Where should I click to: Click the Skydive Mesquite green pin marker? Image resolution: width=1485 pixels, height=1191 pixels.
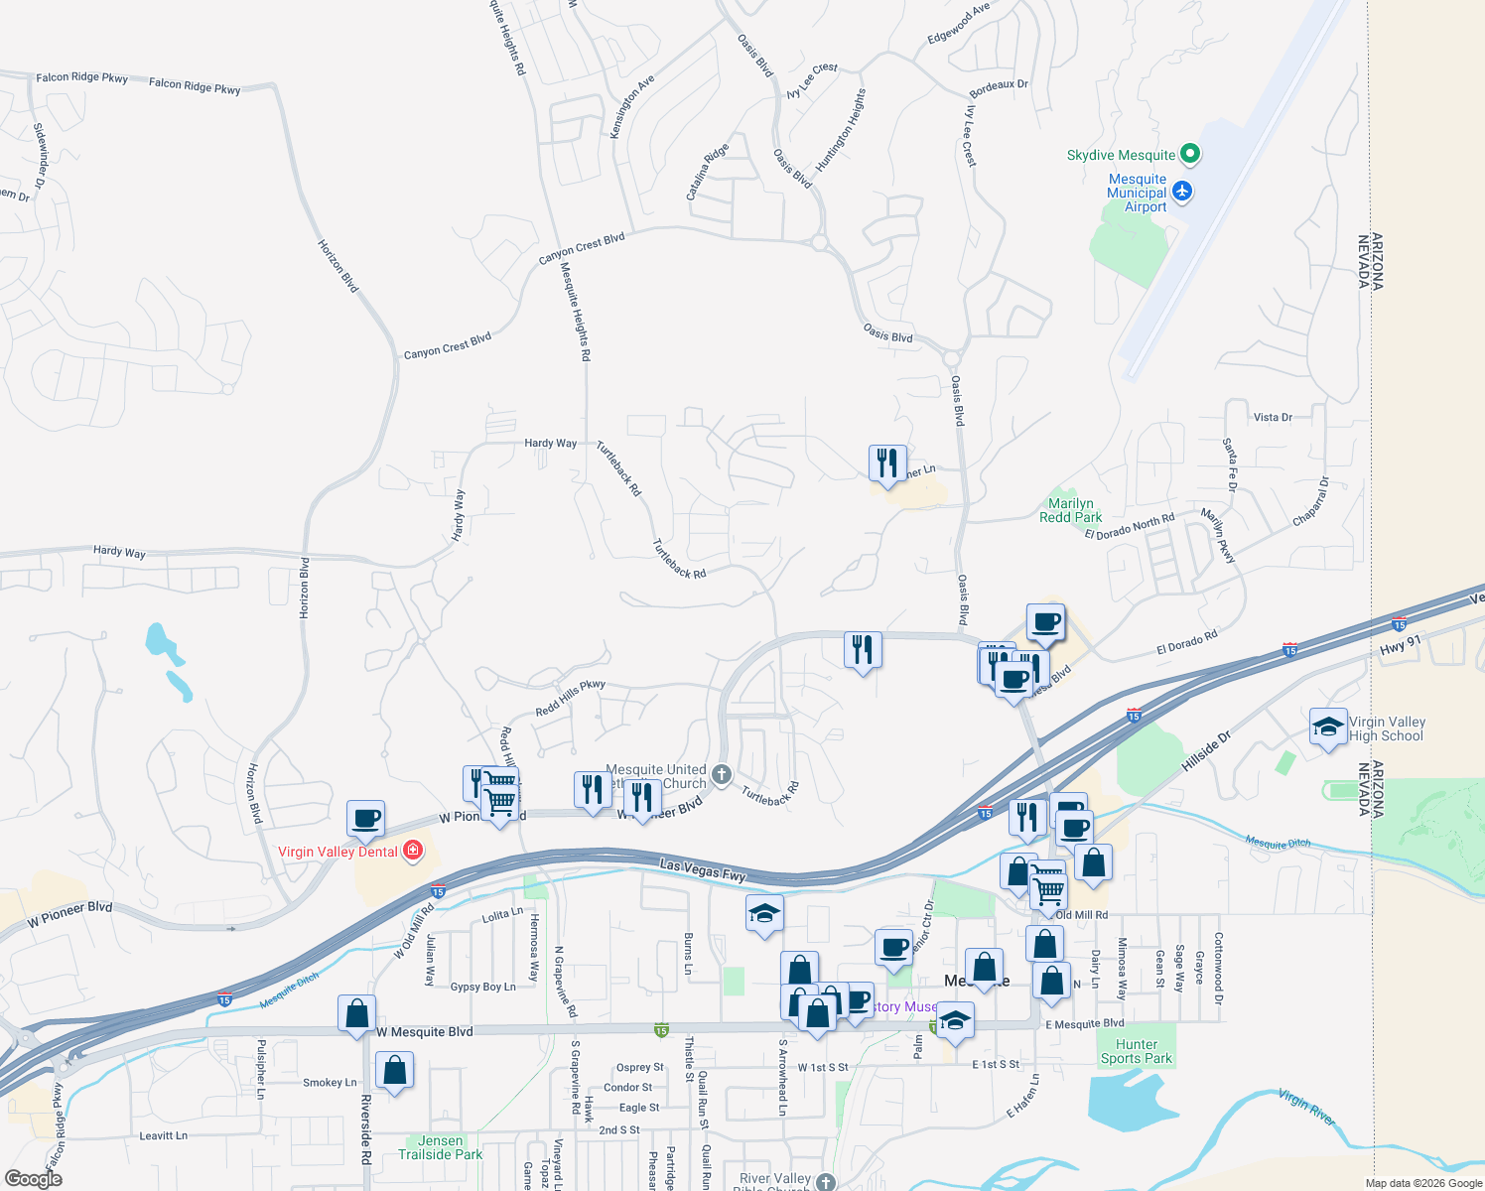pyautogui.click(x=1190, y=154)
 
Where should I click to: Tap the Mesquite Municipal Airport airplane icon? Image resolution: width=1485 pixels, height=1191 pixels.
pyautogui.click(x=1181, y=191)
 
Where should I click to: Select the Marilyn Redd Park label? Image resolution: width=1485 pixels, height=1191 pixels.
pyautogui.click(x=1070, y=510)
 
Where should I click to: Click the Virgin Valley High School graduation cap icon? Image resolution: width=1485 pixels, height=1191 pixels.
pyautogui.click(x=1328, y=728)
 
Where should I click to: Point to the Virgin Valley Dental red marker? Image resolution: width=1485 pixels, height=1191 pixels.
pyautogui.click(x=413, y=852)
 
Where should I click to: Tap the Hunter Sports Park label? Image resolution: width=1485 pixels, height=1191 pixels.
pyautogui.click(x=1136, y=1051)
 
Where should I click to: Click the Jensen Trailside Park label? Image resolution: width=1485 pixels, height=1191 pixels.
pyautogui.click(x=440, y=1147)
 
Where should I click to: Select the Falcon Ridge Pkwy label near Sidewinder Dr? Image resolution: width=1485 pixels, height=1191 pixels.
pyautogui.click(x=81, y=77)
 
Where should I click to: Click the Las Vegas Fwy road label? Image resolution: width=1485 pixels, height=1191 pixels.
pyautogui.click(x=703, y=870)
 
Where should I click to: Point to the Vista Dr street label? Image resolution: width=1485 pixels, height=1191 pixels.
pyautogui.click(x=1273, y=418)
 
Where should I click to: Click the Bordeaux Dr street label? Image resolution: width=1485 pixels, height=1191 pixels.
pyautogui.click(x=999, y=87)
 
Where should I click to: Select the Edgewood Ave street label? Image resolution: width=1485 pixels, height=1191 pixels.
pyautogui.click(x=958, y=24)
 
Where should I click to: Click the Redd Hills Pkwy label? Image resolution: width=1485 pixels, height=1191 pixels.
pyautogui.click(x=570, y=698)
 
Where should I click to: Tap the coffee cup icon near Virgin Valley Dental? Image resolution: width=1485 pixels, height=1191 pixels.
pyautogui.click(x=365, y=818)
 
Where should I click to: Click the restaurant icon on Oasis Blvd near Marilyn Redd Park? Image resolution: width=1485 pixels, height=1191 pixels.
pyautogui.click(x=886, y=463)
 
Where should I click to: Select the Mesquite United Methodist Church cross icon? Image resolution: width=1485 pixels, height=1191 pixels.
pyautogui.click(x=722, y=774)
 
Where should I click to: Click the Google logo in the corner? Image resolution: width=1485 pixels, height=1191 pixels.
pyautogui.click(x=33, y=1179)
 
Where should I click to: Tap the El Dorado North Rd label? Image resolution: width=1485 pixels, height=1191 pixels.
pyautogui.click(x=1129, y=527)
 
